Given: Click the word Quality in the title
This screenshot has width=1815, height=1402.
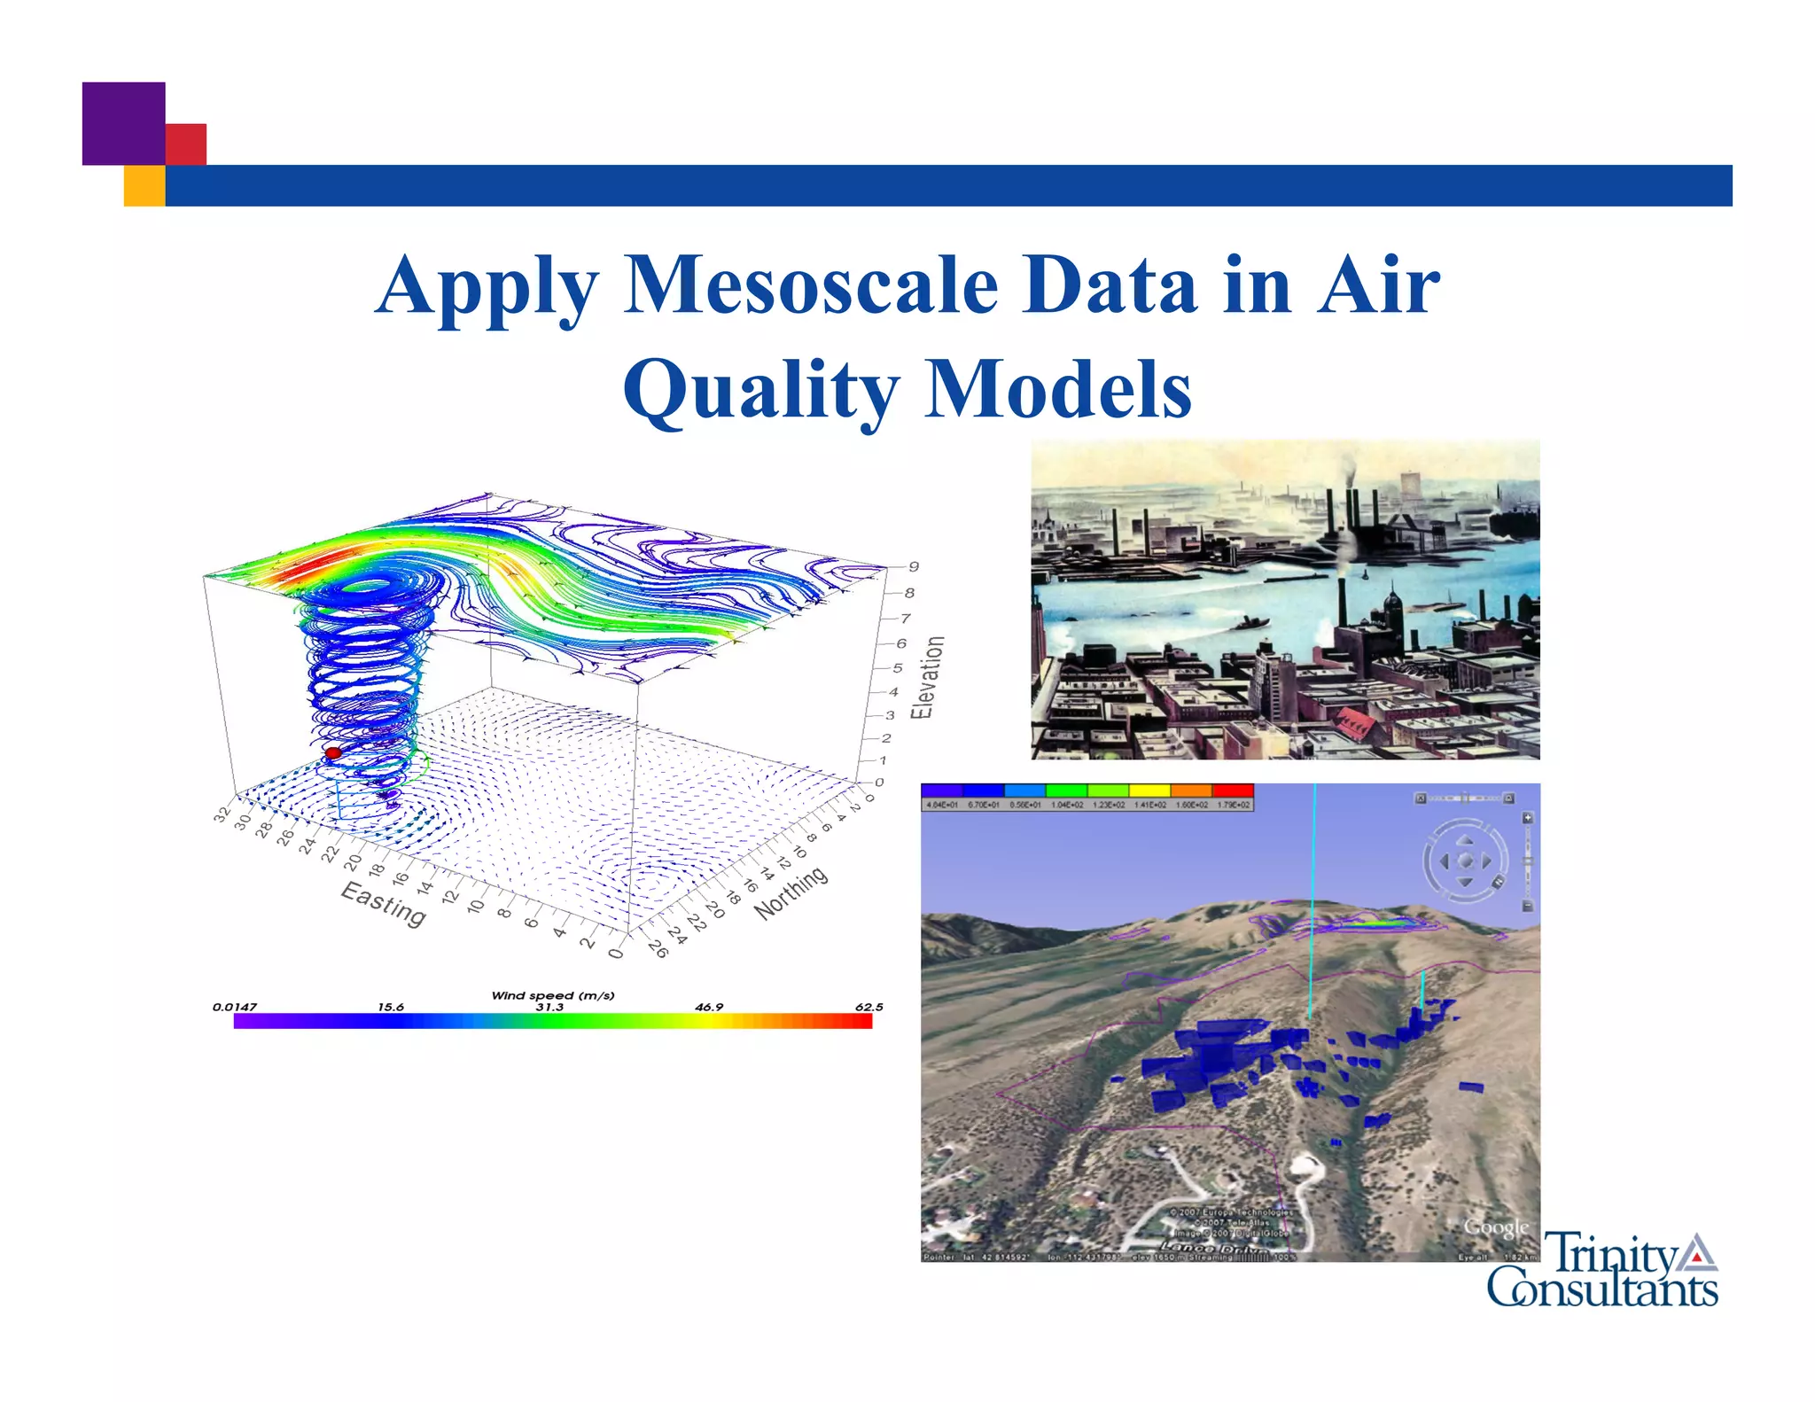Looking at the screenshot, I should click(x=760, y=391).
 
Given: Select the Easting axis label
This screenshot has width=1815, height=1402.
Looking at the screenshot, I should click(x=384, y=903).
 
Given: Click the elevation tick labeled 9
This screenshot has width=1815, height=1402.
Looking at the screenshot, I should click(x=914, y=566).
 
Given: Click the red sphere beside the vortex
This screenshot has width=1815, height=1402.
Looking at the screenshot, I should click(x=333, y=753).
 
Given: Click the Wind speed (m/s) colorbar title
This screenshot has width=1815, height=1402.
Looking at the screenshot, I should click(x=552, y=995).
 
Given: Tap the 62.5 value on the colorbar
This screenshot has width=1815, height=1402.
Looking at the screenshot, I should click(x=869, y=1007).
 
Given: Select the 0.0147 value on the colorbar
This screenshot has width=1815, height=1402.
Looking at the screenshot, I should click(x=235, y=1007).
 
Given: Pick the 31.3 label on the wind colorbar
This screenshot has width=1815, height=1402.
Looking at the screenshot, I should click(x=549, y=1007).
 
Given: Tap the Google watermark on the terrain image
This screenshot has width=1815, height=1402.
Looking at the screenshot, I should click(x=1496, y=1227).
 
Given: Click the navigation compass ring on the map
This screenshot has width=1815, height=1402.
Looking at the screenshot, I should click(x=1464, y=861).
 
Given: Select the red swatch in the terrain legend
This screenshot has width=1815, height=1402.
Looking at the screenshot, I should click(x=1233, y=790).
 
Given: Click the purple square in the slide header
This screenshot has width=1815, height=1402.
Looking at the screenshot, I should click(x=123, y=123).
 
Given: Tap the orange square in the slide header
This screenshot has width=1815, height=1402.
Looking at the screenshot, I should click(x=144, y=185).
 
